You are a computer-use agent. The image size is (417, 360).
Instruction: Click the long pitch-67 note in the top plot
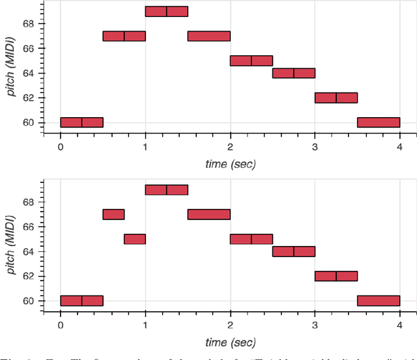[208, 36]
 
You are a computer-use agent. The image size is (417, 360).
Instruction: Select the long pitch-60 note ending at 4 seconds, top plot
[378, 122]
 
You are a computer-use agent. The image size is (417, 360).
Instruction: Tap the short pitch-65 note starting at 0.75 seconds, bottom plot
[134, 239]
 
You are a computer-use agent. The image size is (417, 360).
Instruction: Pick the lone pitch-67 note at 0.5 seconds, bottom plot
[113, 214]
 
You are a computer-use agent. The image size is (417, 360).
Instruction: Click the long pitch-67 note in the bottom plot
[208, 214]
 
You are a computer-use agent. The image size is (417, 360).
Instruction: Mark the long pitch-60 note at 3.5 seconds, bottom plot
[378, 301]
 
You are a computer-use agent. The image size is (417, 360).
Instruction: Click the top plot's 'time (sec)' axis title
[230, 164]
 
